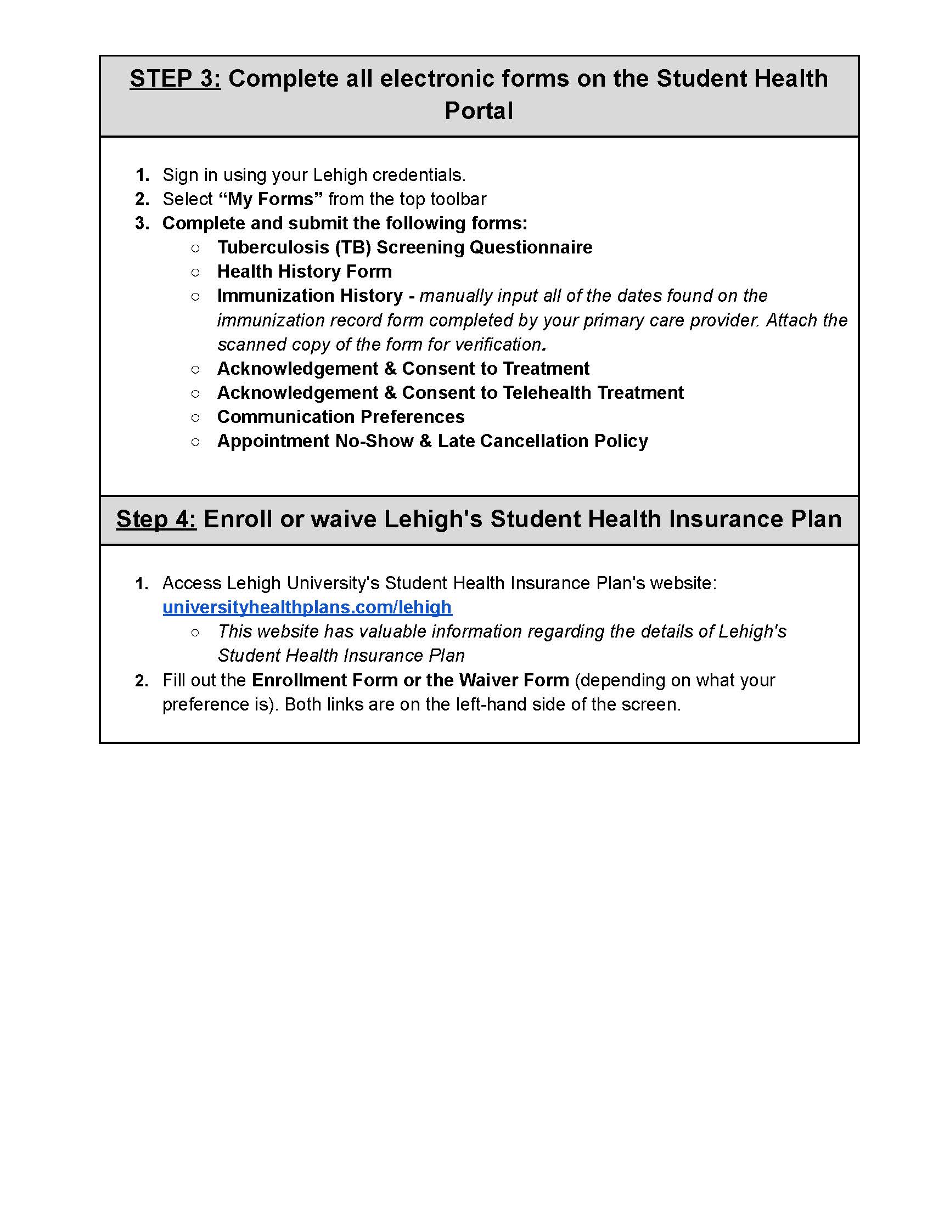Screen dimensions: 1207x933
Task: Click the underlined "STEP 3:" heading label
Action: pyautogui.click(x=175, y=78)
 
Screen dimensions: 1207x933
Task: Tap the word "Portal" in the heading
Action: pyautogui.click(x=479, y=110)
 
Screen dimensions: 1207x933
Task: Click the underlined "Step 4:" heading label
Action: pyautogui.click(x=156, y=519)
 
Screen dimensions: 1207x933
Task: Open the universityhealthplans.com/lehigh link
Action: pyautogui.click(x=307, y=607)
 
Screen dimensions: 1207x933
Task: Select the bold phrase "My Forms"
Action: pyautogui.click(x=271, y=199)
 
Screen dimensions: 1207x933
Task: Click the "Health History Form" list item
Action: pyautogui.click(x=305, y=272)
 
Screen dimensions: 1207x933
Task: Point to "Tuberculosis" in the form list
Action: pyautogui.click(x=273, y=247)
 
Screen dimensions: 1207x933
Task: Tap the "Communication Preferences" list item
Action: pyautogui.click(x=340, y=417)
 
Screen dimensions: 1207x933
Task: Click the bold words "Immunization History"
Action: pyautogui.click(x=310, y=296)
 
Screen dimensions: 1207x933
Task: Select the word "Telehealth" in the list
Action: pyautogui.click(x=547, y=392)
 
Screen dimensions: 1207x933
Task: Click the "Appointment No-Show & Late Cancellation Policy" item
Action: pyautogui.click(x=432, y=441)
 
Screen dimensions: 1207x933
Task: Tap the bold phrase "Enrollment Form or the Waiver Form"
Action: pyautogui.click(x=410, y=680)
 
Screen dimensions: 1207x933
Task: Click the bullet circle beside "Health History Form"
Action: pyautogui.click(x=195, y=272)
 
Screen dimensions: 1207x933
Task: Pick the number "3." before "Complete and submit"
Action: pyautogui.click(x=142, y=223)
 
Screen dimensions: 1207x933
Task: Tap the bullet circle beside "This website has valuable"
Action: pyautogui.click(x=195, y=631)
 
